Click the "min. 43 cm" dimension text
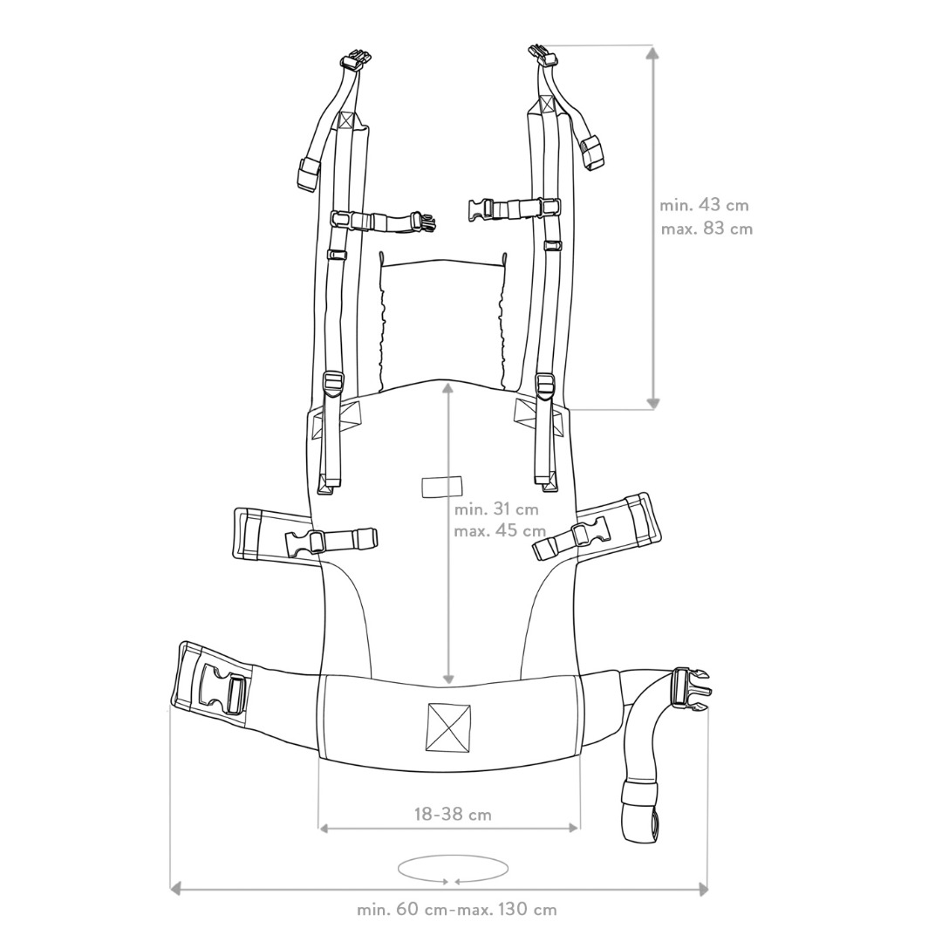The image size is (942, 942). pyautogui.click(x=704, y=206)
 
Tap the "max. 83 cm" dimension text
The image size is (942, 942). pyautogui.click(x=706, y=229)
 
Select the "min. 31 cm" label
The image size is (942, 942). pyautogui.click(x=496, y=509)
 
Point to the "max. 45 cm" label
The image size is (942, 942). pyautogui.click(x=500, y=531)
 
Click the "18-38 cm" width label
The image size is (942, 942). pyautogui.click(x=453, y=815)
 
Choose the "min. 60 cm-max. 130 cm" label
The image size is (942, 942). pyautogui.click(x=457, y=910)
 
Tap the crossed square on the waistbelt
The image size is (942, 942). pyautogui.click(x=448, y=727)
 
